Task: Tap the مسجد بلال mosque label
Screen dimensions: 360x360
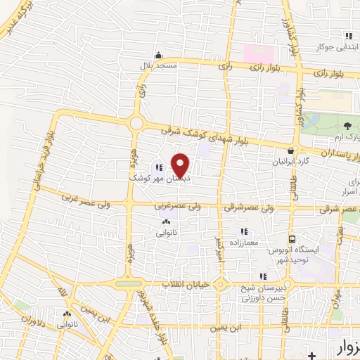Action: tap(160, 65)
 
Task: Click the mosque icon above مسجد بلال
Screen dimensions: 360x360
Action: tap(160, 56)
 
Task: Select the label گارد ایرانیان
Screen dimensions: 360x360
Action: tap(290, 160)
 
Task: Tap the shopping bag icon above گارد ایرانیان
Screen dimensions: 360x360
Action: tap(290, 150)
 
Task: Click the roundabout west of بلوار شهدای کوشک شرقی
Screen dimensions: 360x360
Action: tap(136, 124)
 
